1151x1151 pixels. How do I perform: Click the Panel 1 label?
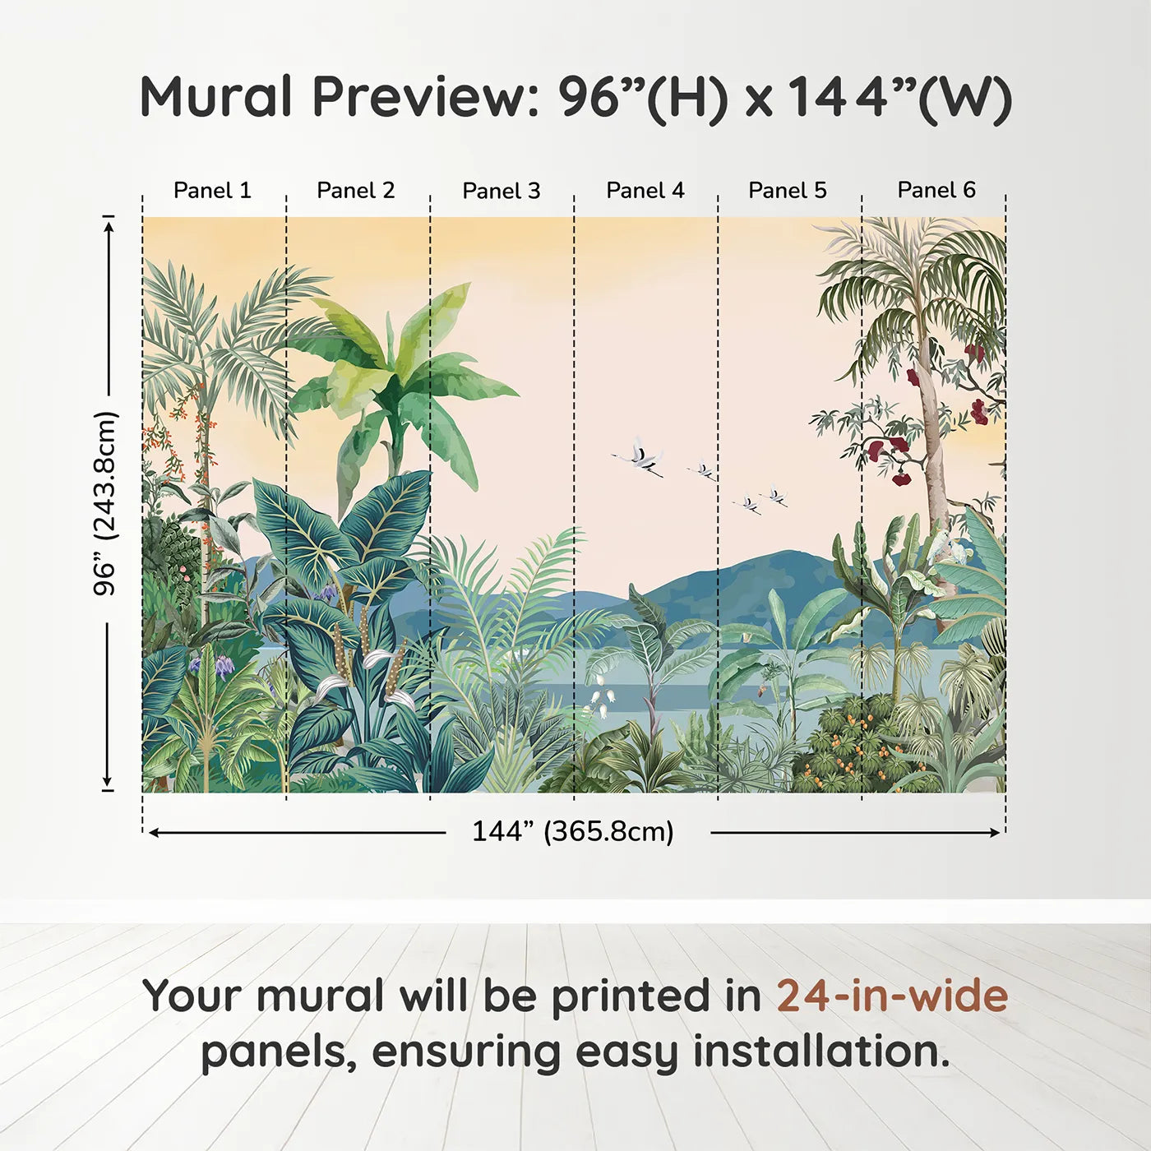click(x=212, y=191)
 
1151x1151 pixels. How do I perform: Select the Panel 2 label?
click(x=355, y=191)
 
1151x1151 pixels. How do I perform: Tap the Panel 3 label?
click(x=502, y=191)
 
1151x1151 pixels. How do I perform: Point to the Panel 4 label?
click(x=645, y=191)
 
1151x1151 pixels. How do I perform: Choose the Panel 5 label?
click(x=788, y=191)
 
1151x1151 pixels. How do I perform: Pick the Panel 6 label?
click(x=936, y=190)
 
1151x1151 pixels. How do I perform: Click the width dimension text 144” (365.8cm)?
click(x=573, y=831)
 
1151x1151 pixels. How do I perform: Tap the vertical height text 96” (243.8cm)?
click(x=105, y=503)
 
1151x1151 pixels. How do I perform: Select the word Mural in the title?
click(x=215, y=96)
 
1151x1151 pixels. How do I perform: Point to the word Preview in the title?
click(x=426, y=96)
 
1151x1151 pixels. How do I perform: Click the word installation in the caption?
click(x=821, y=1052)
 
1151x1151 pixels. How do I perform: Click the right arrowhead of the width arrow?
click(x=995, y=832)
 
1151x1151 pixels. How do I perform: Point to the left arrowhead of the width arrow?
click(x=153, y=832)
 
